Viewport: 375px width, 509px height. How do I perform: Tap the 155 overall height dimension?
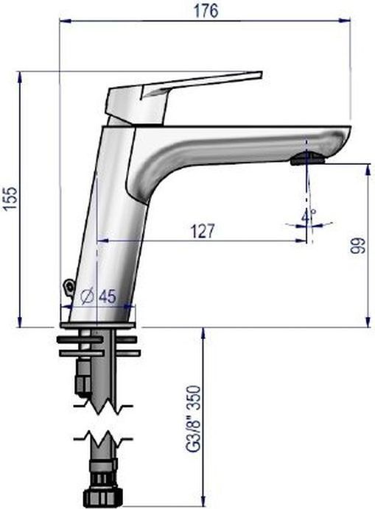click(x=11, y=199)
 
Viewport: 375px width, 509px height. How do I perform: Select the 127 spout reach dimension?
click(x=203, y=231)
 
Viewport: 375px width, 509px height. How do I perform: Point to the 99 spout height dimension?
click(x=358, y=245)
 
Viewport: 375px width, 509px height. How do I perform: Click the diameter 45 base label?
click(x=98, y=296)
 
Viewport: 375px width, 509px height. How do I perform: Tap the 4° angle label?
click(x=308, y=215)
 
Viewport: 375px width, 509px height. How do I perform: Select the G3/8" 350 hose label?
click(x=192, y=418)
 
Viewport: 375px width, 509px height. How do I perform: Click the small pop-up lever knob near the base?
click(x=69, y=287)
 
